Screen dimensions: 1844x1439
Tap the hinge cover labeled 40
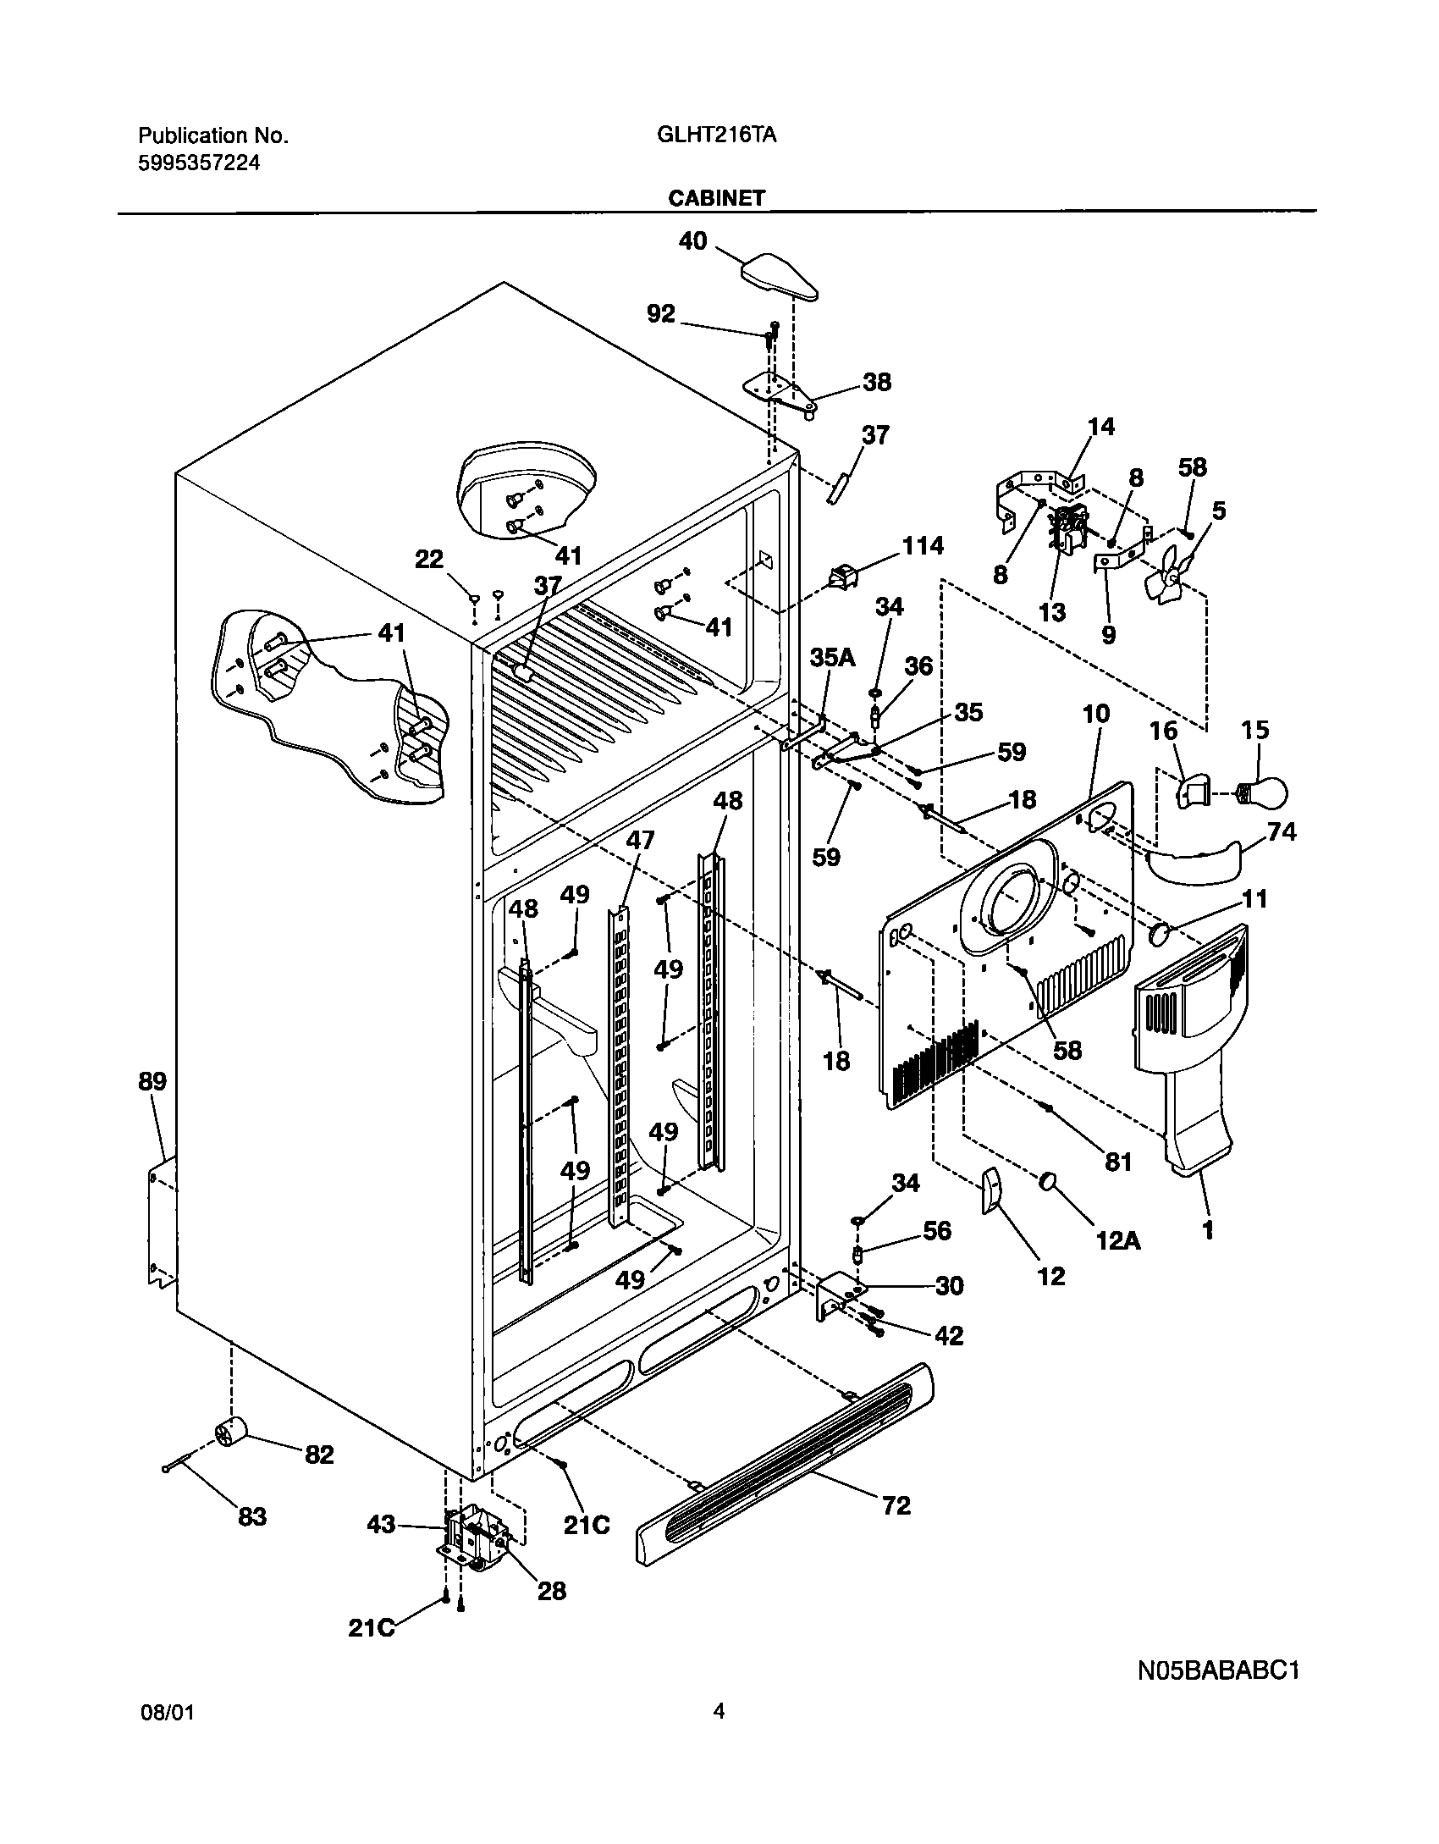point(780,276)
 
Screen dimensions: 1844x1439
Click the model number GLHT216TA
point(716,135)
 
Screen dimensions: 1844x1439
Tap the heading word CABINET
point(716,198)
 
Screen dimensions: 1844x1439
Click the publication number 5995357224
point(198,163)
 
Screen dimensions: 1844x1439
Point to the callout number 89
point(153,1081)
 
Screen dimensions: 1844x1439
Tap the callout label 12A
point(1118,1241)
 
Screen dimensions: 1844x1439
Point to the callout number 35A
point(832,657)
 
